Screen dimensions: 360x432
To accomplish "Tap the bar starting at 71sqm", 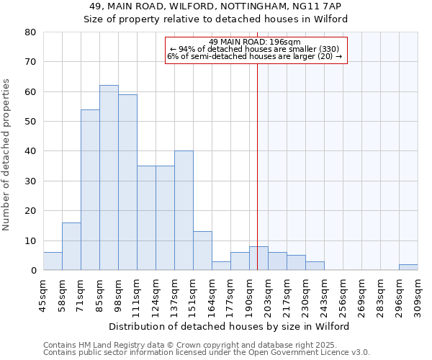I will [90, 190].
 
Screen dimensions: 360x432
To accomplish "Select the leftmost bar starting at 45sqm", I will [53, 261].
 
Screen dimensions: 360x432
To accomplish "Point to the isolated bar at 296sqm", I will [408, 267].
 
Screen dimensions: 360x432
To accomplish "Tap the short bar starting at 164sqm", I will [221, 266].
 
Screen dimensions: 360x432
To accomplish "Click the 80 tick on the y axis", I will [30, 32].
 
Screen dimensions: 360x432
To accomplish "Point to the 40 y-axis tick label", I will [30, 151].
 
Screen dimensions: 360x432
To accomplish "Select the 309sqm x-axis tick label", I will [418, 294].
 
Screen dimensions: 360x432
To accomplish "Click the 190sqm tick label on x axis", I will [250, 294].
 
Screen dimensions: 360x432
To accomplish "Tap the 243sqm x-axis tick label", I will [325, 294].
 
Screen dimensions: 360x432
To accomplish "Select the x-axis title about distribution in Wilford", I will [230, 327].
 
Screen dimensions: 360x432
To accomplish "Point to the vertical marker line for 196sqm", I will [257, 166].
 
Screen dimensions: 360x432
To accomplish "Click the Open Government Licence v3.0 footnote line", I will [207, 353].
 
